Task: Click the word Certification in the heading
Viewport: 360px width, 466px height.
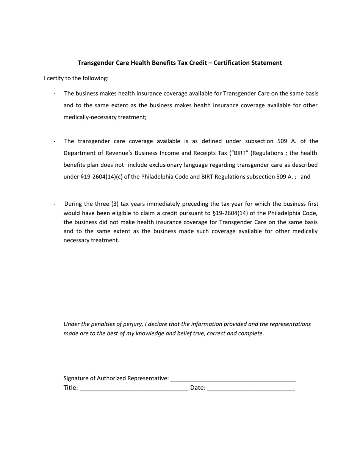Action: (x=231, y=63)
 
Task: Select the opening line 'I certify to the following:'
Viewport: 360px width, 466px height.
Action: (x=76, y=78)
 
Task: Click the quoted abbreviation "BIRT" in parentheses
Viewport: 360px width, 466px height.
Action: (x=241, y=153)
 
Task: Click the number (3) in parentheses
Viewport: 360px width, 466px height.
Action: (x=115, y=204)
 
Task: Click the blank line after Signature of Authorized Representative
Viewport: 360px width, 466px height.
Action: (x=233, y=379)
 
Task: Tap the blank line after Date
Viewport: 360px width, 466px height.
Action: (x=251, y=388)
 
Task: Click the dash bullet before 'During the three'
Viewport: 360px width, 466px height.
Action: (x=55, y=204)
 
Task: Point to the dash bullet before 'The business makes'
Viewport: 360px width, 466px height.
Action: (x=55, y=94)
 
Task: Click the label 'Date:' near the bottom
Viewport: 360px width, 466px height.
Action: (x=198, y=388)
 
